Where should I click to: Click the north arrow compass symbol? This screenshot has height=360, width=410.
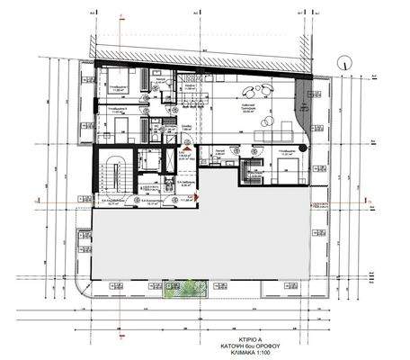pyautogui.click(x=343, y=61)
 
